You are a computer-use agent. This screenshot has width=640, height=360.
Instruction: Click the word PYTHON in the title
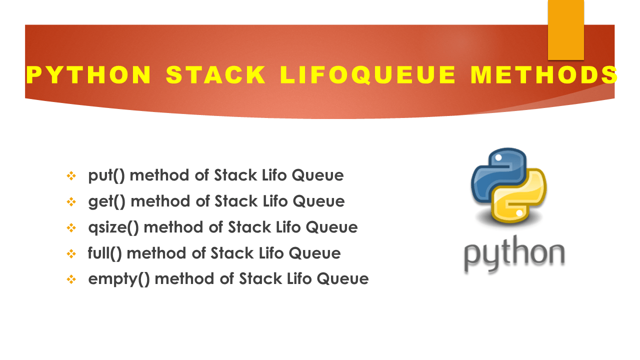pos(88,75)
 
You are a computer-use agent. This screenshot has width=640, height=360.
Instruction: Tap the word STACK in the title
pos(216,75)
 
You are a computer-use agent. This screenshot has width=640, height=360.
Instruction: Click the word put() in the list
pos(106,175)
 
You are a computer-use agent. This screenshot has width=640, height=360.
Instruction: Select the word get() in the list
pos(106,201)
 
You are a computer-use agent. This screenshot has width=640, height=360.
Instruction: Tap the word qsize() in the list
pos(113,227)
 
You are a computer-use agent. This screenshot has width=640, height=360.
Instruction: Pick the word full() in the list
pos(104,253)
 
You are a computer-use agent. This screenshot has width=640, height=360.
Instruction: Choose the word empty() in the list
pos(118,279)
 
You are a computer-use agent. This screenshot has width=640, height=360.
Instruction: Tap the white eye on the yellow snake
pos(519,213)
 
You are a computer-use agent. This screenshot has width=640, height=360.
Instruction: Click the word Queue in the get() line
pos(318,201)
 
